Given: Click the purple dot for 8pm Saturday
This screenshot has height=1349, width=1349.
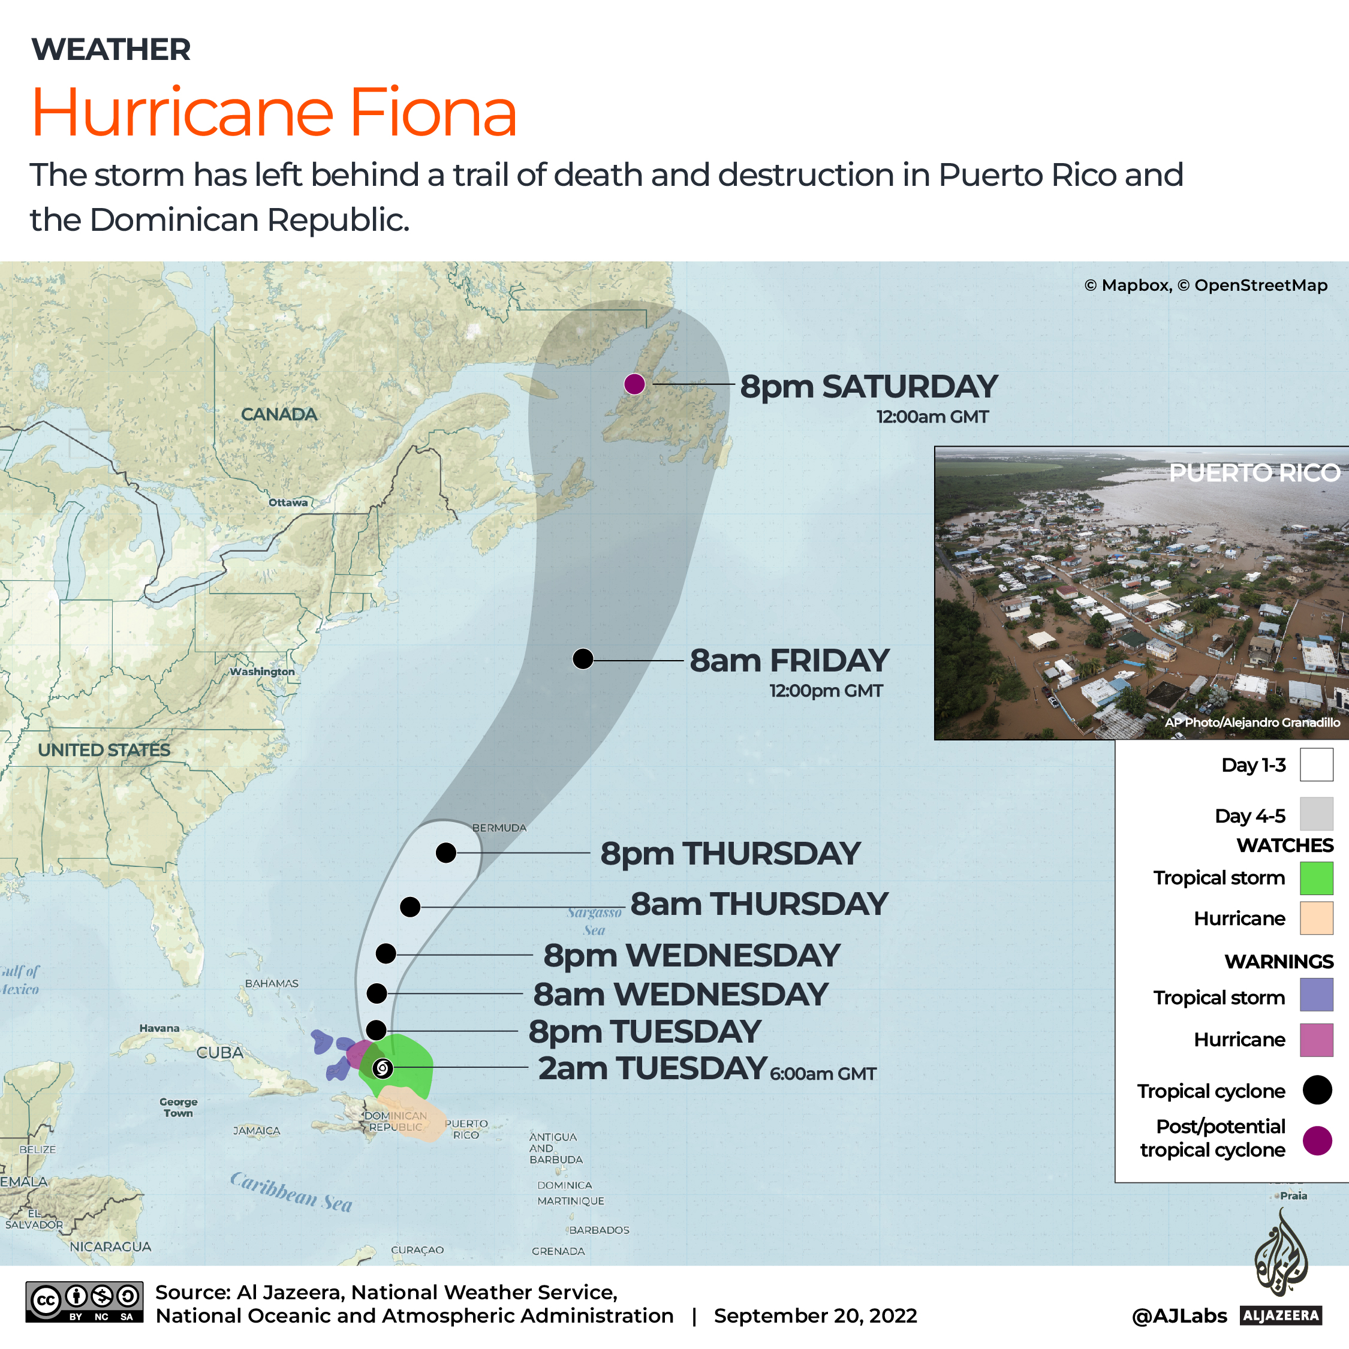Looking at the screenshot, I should pyautogui.click(x=634, y=384).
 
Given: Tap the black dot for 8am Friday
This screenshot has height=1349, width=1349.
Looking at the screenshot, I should pyautogui.click(x=583, y=658).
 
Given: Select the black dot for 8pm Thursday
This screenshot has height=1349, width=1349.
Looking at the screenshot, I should pyautogui.click(x=446, y=853).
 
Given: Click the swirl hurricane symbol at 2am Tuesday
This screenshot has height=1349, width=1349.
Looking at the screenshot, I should pyautogui.click(x=383, y=1068).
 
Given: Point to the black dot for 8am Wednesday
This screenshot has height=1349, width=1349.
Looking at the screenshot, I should pyautogui.click(x=377, y=993).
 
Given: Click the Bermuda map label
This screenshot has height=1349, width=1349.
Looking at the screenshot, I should pyautogui.click(x=499, y=828).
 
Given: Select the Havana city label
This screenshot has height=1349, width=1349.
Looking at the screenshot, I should pyautogui.click(x=159, y=1028).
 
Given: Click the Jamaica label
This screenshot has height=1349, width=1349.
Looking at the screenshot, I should pyautogui.click(x=256, y=1130).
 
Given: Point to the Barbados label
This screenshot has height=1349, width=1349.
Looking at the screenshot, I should pyautogui.click(x=599, y=1230).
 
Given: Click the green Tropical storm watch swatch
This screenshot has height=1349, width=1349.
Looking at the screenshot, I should pyautogui.click(x=1316, y=878).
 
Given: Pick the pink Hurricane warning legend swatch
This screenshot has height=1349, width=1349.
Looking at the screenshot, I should pyautogui.click(x=1316, y=1040).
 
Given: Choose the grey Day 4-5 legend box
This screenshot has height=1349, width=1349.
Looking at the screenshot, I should pyautogui.click(x=1316, y=814).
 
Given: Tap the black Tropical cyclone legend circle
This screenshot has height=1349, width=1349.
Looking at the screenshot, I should pyautogui.click(x=1317, y=1090).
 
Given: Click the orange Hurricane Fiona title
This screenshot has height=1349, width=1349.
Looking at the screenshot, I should pyautogui.click(x=274, y=113).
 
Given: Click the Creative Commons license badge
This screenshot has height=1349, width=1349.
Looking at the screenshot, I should pyautogui.click(x=85, y=1302).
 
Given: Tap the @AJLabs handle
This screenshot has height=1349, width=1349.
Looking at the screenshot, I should pyautogui.click(x=1179, y=1316).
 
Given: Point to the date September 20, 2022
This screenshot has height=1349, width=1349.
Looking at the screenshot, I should pyautogui.click(x=815, y=1316).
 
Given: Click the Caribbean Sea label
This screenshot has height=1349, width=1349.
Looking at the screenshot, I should pyautogui.click(x=291, y=1192).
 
